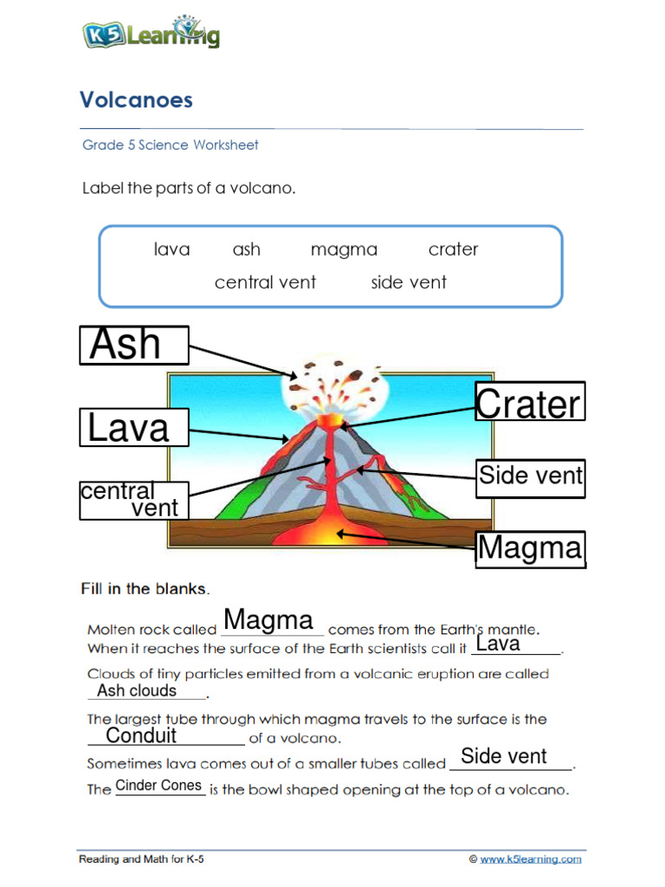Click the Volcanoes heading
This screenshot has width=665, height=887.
click(x=136, y=100)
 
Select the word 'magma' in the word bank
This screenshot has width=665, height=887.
click(x=344, y=249)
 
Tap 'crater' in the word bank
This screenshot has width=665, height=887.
click(x=453, y=249)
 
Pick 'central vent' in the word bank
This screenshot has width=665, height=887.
click(x=265, y=282)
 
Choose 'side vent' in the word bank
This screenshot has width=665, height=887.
click(x=409, y=282)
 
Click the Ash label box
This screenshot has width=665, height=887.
click(x=134, y=345)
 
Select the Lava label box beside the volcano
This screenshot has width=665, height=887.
click(x=134, y=428)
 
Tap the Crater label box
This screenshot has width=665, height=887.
click(x=530, y=403)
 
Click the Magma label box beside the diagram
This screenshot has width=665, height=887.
click(x=530, y=549)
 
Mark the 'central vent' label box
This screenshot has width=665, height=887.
click(x=133, y=500)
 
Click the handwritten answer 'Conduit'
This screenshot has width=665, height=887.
click(x=141, y=736)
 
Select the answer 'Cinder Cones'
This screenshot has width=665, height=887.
click(x=158, y=786)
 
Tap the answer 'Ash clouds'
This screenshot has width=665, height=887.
click(x=137, y=690)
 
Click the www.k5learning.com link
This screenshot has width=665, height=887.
click(x=531, y=859)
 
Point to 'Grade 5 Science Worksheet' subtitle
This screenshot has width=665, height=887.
click(x=171, y=145)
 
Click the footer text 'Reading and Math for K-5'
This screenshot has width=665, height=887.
click(x=142, y=859)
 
